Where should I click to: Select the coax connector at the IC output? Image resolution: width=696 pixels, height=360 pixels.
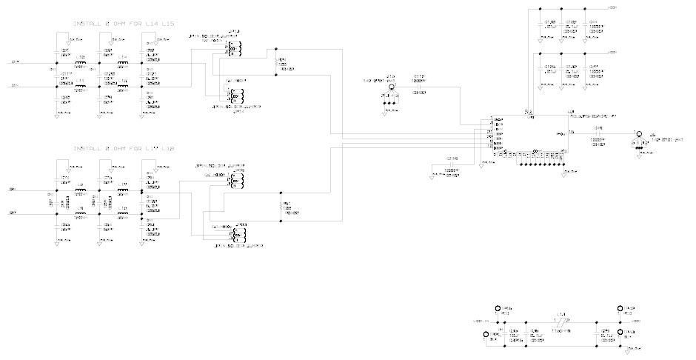(636, 137)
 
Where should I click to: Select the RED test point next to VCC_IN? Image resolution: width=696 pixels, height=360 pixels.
(498, 309)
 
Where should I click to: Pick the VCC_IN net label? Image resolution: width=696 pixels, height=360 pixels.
(481, 321)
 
